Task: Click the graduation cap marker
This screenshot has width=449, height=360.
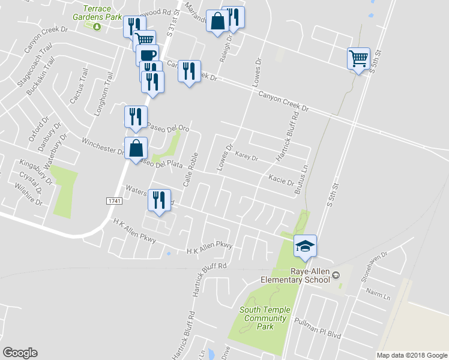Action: (305, 246)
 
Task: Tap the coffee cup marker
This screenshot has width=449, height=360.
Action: (147, 55)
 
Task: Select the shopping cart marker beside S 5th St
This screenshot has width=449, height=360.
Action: (358, 59)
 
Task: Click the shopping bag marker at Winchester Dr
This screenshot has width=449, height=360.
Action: (136, 148)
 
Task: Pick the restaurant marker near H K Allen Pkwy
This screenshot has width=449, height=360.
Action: (159, 200)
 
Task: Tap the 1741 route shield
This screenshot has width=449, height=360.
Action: (115, 200)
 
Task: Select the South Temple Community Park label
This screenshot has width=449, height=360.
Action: (265, 318)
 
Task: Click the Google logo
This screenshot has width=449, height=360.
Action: (20, 353)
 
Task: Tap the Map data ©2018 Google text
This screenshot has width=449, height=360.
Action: (411, 355)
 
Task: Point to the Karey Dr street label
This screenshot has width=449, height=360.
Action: (247, 157)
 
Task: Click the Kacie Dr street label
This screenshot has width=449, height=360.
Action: (281, 179)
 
